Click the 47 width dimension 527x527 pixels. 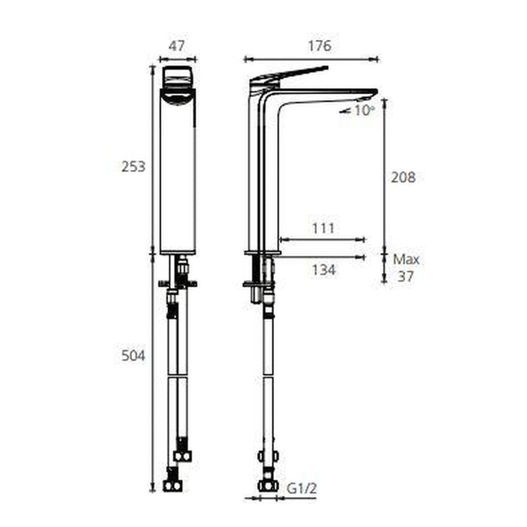(176, 46)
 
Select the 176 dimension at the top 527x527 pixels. (320, 46)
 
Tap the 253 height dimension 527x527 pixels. (133, 166)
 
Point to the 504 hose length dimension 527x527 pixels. (133, 355)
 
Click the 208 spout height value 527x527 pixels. (403, 177)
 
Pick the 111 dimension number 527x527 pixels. (323, 229)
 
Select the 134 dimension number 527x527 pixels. (324, 270)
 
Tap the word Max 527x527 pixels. (407, 259)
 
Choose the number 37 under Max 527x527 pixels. (406, 276)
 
